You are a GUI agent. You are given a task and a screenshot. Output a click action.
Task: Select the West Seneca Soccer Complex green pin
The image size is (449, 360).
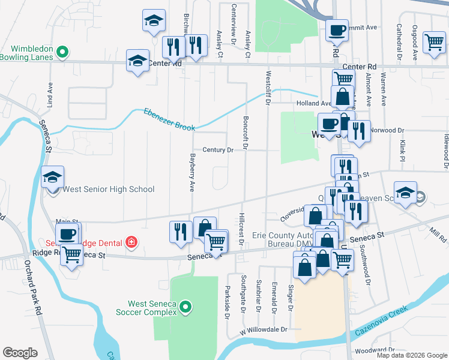pyautogui.click(x=185, y=308)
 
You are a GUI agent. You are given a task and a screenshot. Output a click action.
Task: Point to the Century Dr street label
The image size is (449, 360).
pyautogui.click(x=217, y=150)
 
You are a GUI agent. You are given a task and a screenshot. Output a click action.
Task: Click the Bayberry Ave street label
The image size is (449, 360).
pyautogui.click(x=192, y=171)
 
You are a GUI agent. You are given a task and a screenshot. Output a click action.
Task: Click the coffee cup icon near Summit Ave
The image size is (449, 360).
pyautogui.click(x=337, y=30)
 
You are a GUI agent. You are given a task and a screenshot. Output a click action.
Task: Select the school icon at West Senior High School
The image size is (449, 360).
pyautogui.click(x=53, y=178)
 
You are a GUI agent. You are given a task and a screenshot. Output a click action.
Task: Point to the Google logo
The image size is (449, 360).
pyautogui.click(x=20, y=353)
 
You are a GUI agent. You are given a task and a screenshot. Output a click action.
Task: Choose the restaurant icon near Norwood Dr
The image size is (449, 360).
pyautogui.click(x=359, y=131)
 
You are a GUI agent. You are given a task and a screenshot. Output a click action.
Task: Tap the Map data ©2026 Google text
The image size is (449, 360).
pyautogui.click(x=411, y=355)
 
